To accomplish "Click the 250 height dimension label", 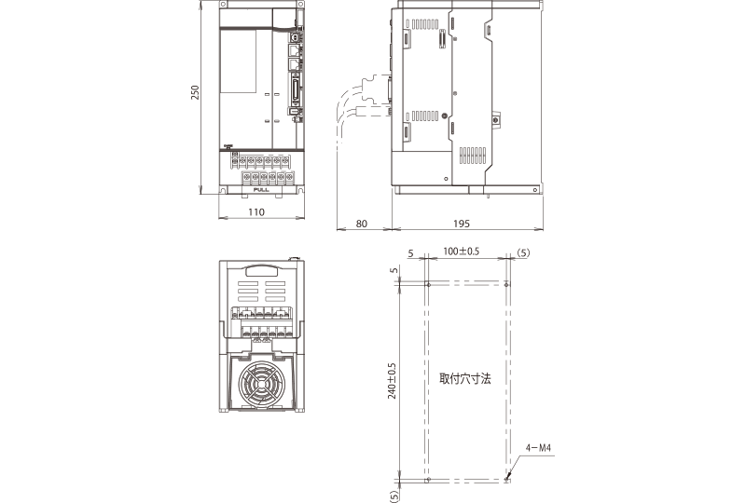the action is click(195, 92).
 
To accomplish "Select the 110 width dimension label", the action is click(256, 212).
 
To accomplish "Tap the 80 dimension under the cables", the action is click(362, 224).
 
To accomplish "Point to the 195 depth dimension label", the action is click(461, 224).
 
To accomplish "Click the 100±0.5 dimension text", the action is click(461, 251).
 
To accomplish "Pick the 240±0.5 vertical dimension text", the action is click(392, 380).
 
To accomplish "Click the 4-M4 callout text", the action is click(539, 448).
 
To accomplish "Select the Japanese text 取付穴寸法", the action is click(464, 378).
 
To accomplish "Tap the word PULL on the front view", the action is click(261, 190).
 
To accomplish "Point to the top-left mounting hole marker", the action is click(428, 284).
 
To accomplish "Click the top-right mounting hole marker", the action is click(506, 284).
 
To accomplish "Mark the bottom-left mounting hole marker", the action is click(428, 479).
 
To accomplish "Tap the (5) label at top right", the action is click(522, 253).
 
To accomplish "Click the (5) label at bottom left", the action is click(394, 496).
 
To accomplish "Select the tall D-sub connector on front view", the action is click(297, 93).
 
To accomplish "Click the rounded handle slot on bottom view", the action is click(261, 270).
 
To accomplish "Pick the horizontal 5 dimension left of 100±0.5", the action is click(410, 253).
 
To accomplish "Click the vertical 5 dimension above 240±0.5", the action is click(394, 270).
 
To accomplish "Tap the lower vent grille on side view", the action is click(473, 155).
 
